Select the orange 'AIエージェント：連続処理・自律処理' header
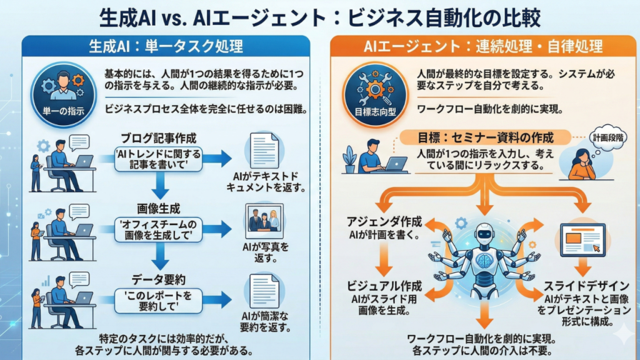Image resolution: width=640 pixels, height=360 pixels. click(x=483, y=46)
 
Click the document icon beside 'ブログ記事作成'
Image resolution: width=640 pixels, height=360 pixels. click(x=264, y=151)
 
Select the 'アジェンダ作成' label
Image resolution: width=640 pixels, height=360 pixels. click(x=385, y=222)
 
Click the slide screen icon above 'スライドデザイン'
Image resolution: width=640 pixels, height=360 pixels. click(x=582, y=240)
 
